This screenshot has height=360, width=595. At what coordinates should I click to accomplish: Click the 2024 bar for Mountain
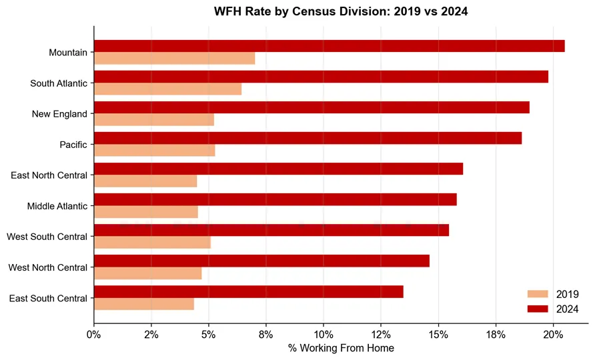[330, 46]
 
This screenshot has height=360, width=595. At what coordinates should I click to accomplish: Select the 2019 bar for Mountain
[175, 59]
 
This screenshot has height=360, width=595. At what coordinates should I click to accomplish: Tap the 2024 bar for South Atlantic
[321, 77]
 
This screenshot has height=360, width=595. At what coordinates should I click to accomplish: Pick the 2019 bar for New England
[154, 119]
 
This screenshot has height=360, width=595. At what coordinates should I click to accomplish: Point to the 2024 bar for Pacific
[308, 138]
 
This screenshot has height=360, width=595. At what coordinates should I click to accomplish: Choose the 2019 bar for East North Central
[145, 181]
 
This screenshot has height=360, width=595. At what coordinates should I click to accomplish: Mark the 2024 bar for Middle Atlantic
[275, 199]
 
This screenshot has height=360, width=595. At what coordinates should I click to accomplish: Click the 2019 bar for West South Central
[152, 243]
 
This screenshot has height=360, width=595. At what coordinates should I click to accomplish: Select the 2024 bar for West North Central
[262, 261]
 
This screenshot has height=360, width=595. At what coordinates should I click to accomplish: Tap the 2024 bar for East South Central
[249, 292]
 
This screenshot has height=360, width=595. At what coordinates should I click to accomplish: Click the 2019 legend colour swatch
[538, 294]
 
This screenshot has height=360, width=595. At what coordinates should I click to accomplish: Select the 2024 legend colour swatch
[538, 309]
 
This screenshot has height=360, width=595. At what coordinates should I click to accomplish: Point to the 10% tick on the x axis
[324, 326]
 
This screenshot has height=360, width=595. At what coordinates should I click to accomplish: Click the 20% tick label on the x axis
[553, 335]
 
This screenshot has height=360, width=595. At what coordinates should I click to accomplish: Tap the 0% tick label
[94, 335]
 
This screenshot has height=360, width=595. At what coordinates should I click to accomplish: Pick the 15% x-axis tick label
[438, 335]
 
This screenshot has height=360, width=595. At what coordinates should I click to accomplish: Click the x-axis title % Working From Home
[341, 348]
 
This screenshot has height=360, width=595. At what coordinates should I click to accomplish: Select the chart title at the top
[341, 11]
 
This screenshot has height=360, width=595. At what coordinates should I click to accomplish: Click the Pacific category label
[73, 145]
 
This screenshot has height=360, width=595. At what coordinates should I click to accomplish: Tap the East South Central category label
[48, 298]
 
